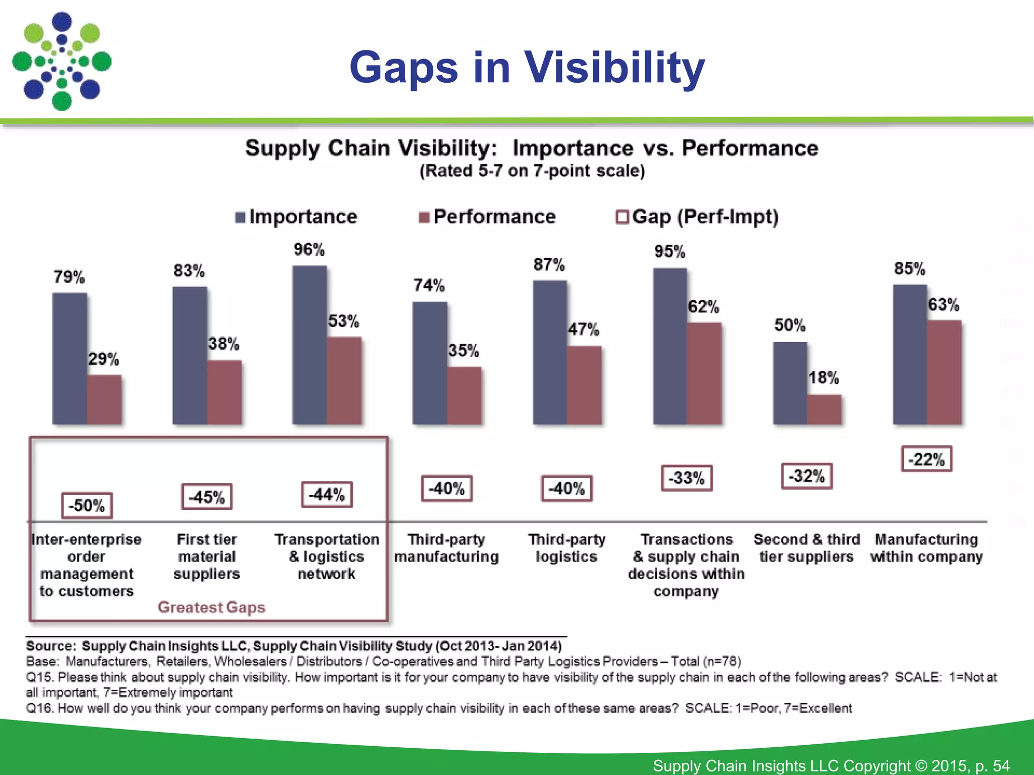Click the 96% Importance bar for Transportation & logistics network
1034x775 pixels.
309,345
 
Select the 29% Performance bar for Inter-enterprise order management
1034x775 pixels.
104,399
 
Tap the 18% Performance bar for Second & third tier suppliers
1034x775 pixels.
824,409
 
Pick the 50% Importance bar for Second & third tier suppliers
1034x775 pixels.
790,383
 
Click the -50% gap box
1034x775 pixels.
87,506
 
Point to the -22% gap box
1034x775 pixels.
926,459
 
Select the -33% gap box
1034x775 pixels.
687,478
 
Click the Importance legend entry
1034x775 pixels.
296,217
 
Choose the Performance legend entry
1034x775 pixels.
487,217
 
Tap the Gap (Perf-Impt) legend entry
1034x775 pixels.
697,217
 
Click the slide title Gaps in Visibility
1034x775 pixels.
527,67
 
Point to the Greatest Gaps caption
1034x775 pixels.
211,607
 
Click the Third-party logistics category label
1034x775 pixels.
566,548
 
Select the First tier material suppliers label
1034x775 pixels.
207,557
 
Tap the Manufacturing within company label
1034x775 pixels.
926,548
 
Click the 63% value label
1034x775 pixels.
943,305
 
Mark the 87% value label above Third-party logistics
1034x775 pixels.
549,264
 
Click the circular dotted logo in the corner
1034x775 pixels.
62,62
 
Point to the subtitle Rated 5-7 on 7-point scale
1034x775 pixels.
532,171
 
